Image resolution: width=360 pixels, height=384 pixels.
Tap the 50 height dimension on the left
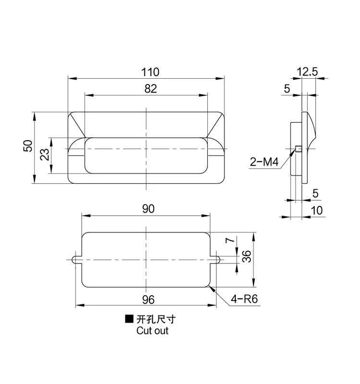28,146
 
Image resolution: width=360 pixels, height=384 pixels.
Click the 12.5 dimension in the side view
307,72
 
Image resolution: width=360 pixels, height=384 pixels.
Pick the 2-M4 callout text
264,162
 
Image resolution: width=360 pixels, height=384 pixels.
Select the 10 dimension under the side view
317,210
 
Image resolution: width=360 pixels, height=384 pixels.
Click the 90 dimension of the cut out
147,209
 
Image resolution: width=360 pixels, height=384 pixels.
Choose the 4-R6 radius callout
244,299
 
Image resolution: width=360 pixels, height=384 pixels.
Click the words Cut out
152,331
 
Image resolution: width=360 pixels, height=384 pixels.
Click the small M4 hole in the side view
298,148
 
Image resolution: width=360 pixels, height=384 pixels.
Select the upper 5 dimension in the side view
287,88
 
